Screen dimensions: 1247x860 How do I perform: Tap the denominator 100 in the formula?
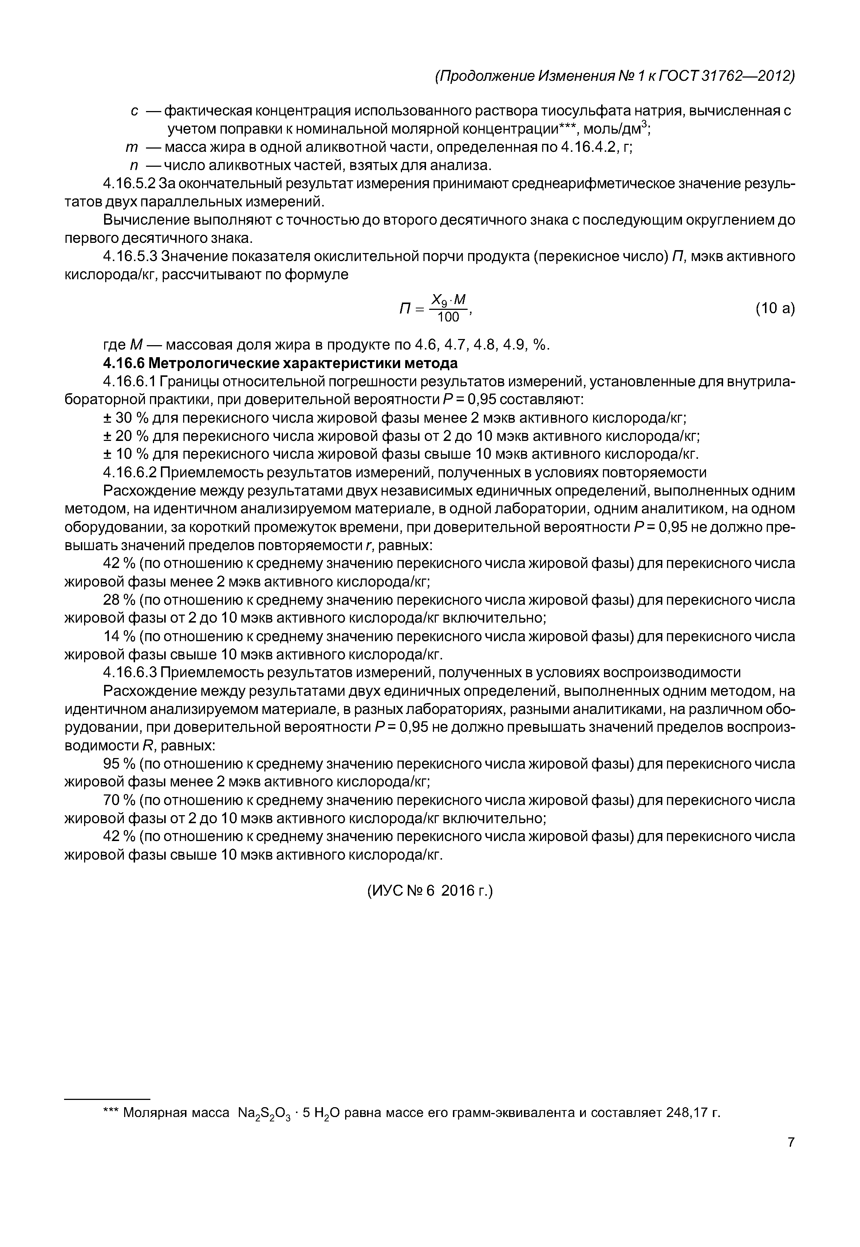[448, 317]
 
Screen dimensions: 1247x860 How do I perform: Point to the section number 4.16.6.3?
[130, 672]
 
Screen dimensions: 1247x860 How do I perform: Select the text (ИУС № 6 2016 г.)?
[430, 891]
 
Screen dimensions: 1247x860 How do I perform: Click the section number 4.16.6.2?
[130, 473]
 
